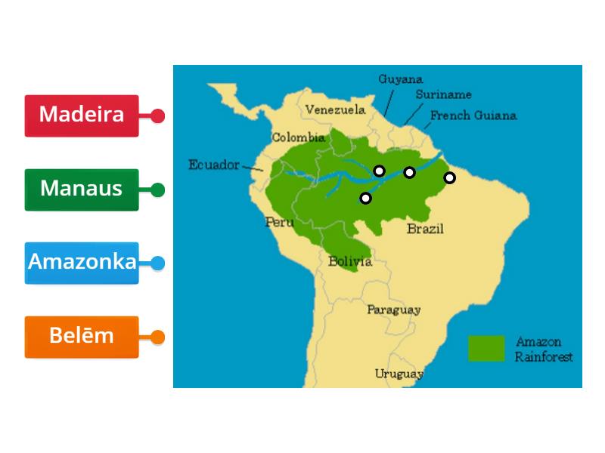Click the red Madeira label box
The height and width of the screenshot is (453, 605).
[x=82, y=116]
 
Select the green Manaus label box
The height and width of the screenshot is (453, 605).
[x=82, y=190]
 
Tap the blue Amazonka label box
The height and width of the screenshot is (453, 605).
[x=82, y=263]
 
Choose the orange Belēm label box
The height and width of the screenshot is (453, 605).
[x=82, y=337]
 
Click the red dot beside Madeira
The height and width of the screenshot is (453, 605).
[x=157, y=116]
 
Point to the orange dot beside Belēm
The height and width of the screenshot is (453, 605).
[x=157, y=337]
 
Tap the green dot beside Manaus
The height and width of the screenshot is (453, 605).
[x=157, y=190]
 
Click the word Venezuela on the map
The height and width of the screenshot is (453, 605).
[x=335, y=110]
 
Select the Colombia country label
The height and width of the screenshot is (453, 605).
[x=298, y=137]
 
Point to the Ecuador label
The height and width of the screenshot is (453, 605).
[x=213, y=165]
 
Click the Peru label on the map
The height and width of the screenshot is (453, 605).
[x=278, y=222]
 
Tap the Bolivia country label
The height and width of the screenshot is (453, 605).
[x=349, y=262]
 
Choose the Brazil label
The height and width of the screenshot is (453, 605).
[x=425, y=229]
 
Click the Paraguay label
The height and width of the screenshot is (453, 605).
[x=393, y=310]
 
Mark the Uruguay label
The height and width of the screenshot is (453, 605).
[x=399, y=374]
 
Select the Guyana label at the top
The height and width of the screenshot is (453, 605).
[x=400, y=79]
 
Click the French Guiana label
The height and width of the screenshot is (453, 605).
[x=473, y=116]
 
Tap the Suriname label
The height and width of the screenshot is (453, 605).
[x=443, y=95]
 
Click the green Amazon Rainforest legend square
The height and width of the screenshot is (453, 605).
[x=486, y=348]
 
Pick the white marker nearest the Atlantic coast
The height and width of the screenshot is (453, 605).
[x=449, y=178]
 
